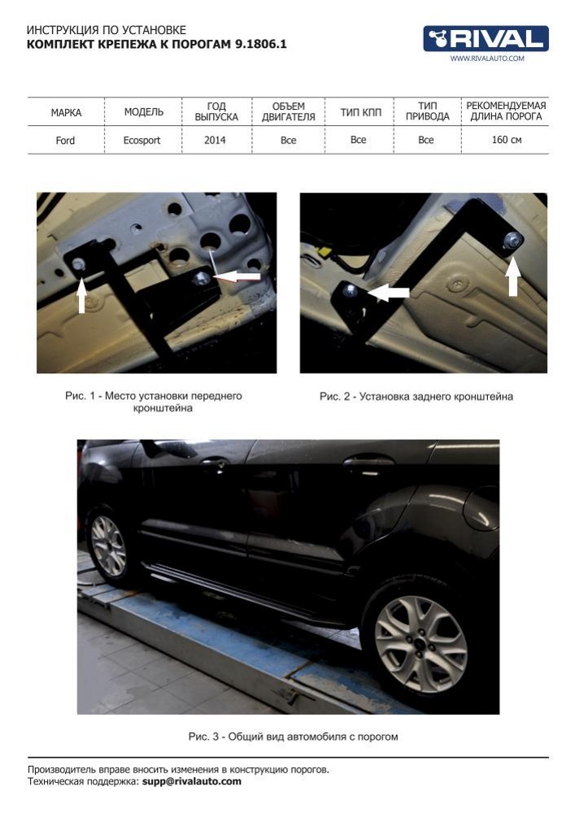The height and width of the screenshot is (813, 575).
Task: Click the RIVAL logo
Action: [486, 38]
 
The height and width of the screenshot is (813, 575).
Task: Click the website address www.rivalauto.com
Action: [487, 59]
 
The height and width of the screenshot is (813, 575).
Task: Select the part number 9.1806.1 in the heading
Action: [261, 44]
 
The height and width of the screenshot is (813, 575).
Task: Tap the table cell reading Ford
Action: [65, 141]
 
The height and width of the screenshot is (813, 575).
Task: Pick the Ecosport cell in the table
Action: [142, 141]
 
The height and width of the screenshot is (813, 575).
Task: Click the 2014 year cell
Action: [215, 140]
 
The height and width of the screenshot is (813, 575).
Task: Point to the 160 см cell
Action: [507, 140]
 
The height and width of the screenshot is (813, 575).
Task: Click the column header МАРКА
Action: [66, 112]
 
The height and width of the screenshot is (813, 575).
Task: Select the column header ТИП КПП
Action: [360, 112]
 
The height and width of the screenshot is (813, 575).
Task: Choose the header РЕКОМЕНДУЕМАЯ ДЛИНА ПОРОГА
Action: [506, 111]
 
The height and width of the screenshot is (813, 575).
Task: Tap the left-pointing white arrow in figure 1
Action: [237, 276]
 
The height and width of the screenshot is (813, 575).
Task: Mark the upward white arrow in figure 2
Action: [512, 276]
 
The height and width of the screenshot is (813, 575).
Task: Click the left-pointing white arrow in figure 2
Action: [389, 293]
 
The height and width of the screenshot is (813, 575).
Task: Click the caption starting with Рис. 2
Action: [416, 397]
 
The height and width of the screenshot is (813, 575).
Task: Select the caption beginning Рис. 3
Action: [294, 737]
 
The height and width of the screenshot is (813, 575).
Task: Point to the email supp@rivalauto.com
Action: [192, 781]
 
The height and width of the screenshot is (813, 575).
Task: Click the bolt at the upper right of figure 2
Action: [512, 240]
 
